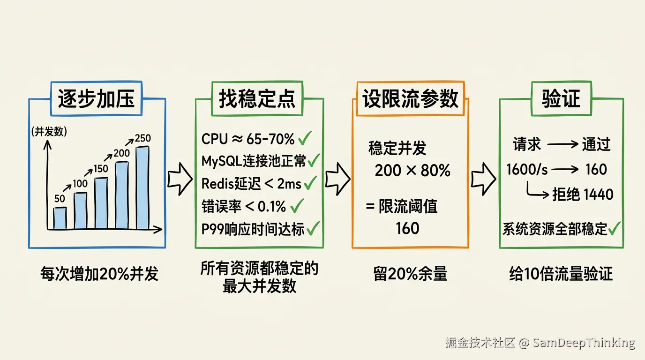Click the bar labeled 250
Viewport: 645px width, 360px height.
pyautogui.click(x=142, y=187)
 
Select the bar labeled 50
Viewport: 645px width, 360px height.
pyautogui.click(x=60, y=218)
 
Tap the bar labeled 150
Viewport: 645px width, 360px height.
pyautogui.click(x=101, y=203)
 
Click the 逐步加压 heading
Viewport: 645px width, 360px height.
pyautogui.click(x=96, y=98)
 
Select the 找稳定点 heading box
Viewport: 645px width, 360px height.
pyautogui.click(x=257, y=98)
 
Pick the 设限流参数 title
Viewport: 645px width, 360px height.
pyautogui.click(x=410, y=98)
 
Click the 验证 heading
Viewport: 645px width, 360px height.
pyautogui.click(x=561, y=98)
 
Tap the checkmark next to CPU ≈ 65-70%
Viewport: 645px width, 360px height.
pyautogui.click(x=305, y=138)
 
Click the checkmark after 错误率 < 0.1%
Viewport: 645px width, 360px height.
pyautogui.click(x=297, y=206)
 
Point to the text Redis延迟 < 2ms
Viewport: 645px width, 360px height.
pyautogui.click(x=251, y=184)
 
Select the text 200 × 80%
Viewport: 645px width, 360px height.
pyautogui.click(x=412, y=170)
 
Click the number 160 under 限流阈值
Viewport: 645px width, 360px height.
pyautogui.click(x=407, y=228)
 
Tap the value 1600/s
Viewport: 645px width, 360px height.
pyautogui.click(x=527, y=169)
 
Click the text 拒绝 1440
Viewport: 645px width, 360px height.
pyautogui.click(x=583, y=195)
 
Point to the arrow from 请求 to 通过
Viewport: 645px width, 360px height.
pyautogui.click(x=562, y=144)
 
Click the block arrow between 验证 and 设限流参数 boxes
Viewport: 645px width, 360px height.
pyautogui.click(x=483, y=179)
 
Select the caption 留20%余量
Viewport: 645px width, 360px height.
pyautogui.click(x=410, y=274)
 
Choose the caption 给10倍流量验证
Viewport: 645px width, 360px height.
pyautogui.click(x=561, y=274)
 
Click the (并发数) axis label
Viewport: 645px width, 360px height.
pyautogui.click(x=49, y=132)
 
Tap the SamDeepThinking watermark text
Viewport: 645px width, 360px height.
pyautogui.click(x=584, y=343)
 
